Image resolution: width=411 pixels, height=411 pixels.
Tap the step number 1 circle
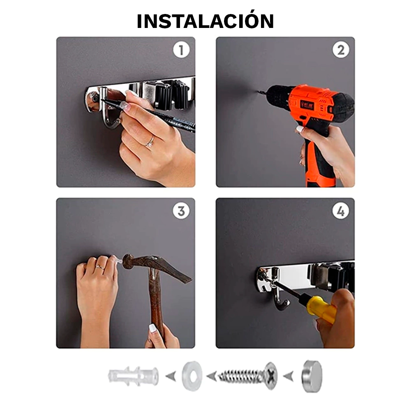tap(181, 50)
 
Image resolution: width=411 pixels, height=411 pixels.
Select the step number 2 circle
tap(341, 50)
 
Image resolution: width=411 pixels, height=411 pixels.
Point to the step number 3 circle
tap(181, 211)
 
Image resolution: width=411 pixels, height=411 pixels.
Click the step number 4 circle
tap(341, 211)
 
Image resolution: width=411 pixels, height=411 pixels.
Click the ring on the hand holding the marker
tap(150, 142)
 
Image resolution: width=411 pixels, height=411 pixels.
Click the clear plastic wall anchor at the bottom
tap(134, 376)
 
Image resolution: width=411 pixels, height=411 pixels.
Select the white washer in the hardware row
tap(192, 376)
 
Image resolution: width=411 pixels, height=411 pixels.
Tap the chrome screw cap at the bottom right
tap(312, 376)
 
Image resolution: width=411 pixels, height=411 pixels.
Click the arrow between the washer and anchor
tap(171, 376)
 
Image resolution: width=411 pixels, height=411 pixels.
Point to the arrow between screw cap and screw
tap(289, 376)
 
